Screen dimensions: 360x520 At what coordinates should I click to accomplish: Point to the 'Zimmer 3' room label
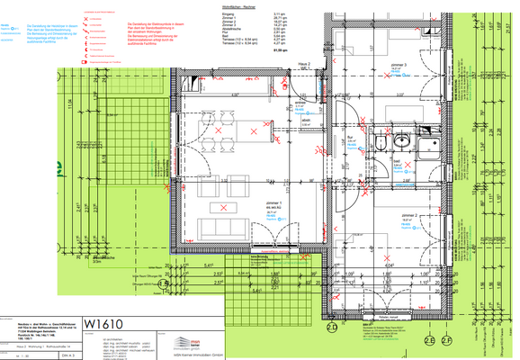[397, 66]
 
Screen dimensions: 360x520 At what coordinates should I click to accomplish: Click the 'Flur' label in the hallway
[352, 137]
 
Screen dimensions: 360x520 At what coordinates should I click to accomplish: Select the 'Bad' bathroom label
[397, 162]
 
